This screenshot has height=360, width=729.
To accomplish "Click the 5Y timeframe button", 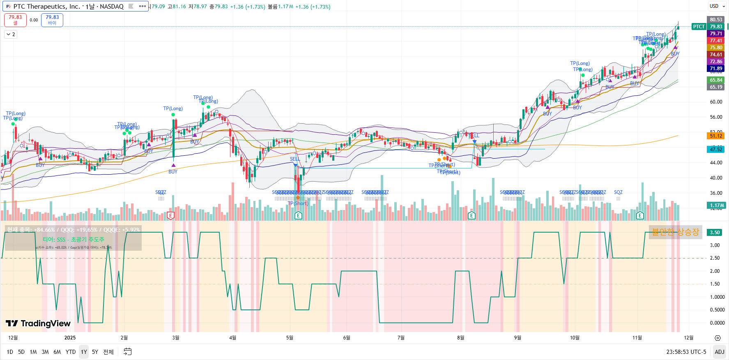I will coord(95,352).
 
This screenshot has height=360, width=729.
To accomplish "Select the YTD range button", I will coord(71,352).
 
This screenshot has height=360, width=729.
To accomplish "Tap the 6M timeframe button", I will coord(57,352).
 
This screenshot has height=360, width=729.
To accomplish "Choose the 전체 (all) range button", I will coord(108,352).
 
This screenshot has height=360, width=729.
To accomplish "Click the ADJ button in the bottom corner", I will coord(719,352).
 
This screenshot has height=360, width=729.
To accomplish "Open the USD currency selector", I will coord(716,6).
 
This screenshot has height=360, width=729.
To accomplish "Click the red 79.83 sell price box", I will coord(15,20).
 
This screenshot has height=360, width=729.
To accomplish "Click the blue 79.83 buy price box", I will coord(52,20).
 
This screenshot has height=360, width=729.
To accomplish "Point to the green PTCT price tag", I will coord(699,27).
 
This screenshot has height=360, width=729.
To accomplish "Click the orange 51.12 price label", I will coord(716,136).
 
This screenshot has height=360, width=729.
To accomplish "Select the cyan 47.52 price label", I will coord(716,149).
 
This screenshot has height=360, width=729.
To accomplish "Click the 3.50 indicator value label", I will coord(715,232).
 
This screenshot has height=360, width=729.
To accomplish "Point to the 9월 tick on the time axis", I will coord(517,338).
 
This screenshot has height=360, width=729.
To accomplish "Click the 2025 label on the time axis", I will coord(70,338).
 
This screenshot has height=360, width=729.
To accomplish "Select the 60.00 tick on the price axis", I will coord(716,102).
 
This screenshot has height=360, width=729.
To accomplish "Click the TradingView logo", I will coord(38,323).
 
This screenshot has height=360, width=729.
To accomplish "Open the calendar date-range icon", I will coord(128,352).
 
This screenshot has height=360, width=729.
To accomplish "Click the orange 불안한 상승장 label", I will coord(675,232).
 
